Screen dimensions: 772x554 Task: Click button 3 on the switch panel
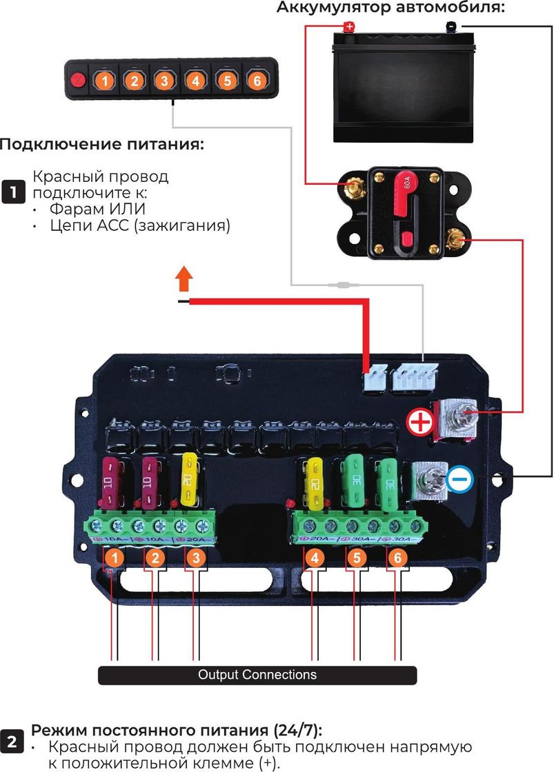(164, 81)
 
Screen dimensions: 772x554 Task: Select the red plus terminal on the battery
(349, 27)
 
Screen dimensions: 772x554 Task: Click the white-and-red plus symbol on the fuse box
(418, 421)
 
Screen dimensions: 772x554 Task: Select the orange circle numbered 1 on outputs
(117, 558)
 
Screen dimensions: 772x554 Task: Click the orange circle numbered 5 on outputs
(356, 558)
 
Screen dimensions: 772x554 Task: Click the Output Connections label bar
(257, 675)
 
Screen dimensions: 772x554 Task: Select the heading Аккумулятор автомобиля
(390, 8)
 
